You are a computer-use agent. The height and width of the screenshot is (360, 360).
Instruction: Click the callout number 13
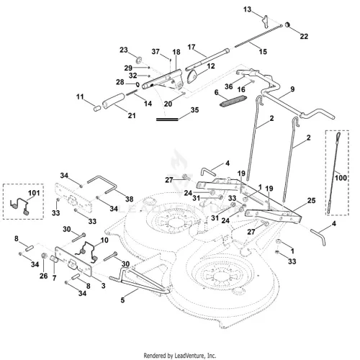[x=247, y=9]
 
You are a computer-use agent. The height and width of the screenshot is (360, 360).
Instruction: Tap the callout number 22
[x=304, y=36]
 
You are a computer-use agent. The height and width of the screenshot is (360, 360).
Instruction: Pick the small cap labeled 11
[x=96, y=108]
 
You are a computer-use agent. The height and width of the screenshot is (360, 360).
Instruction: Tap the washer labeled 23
[x=138, y=60]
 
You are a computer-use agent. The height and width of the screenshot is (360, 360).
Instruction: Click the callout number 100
[x=341, y=178]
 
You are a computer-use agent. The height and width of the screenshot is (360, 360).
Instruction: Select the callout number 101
[x=34, y=193]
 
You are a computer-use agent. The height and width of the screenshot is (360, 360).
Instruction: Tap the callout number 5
[x=122, y=300]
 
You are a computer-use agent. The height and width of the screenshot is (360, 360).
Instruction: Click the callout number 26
[x=43, y=276]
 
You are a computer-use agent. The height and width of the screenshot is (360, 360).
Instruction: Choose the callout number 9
[x=292, y=89]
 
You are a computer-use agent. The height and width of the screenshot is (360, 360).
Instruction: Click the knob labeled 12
[x=192, y=76]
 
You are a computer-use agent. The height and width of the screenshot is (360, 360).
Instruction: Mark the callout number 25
[x=311, y=200]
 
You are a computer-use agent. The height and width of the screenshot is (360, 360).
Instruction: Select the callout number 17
[x=192, y=47]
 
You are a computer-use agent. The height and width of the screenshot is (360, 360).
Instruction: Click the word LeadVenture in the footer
[x=189, y=356]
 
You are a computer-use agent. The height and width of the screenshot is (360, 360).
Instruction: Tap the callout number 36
[x=228, y=86]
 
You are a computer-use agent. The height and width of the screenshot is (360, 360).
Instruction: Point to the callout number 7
[x=54, y=278]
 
